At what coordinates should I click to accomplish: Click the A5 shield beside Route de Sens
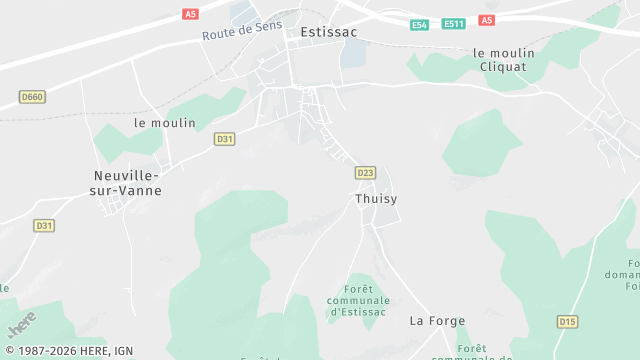pos(191,14)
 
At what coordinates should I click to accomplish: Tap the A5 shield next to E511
pos(486,20)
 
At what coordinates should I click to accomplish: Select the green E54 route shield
pos(420,24)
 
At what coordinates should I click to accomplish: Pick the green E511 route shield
pos(454,24)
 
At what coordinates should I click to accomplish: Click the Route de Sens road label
pos(242,30)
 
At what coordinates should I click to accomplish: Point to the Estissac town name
pos(329,32)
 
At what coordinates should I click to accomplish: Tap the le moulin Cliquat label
pos(504,61)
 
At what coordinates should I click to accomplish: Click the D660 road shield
pos(32,97)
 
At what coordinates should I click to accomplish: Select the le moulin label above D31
pos(165,123)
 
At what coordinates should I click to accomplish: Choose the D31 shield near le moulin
pos(224,139)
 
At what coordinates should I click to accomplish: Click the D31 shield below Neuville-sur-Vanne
pos(44,226)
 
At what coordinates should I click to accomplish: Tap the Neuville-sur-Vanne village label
pos(128,182)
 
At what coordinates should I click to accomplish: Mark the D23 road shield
pos(365,173)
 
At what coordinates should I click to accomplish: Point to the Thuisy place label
pos(376,199)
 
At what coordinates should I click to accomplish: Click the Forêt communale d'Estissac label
pos(359,300)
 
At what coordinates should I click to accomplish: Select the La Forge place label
pos(432,321)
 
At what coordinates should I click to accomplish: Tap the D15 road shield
pos(568,321)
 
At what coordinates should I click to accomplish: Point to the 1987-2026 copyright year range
pos(53,351)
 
